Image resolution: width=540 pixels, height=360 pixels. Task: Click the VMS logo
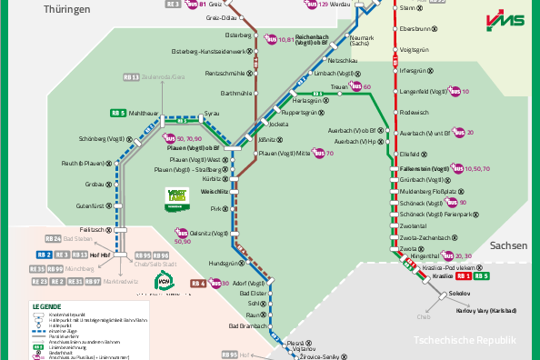505,20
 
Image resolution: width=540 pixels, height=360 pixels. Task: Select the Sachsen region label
507,245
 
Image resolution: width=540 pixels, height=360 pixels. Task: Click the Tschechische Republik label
465,340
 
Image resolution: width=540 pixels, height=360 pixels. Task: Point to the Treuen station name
340,86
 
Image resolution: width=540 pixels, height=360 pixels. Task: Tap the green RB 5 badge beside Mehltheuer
117,113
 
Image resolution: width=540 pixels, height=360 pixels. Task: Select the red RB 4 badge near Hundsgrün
198,283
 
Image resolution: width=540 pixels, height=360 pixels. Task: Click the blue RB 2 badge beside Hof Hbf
43,255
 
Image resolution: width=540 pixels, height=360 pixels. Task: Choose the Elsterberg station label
237,35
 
